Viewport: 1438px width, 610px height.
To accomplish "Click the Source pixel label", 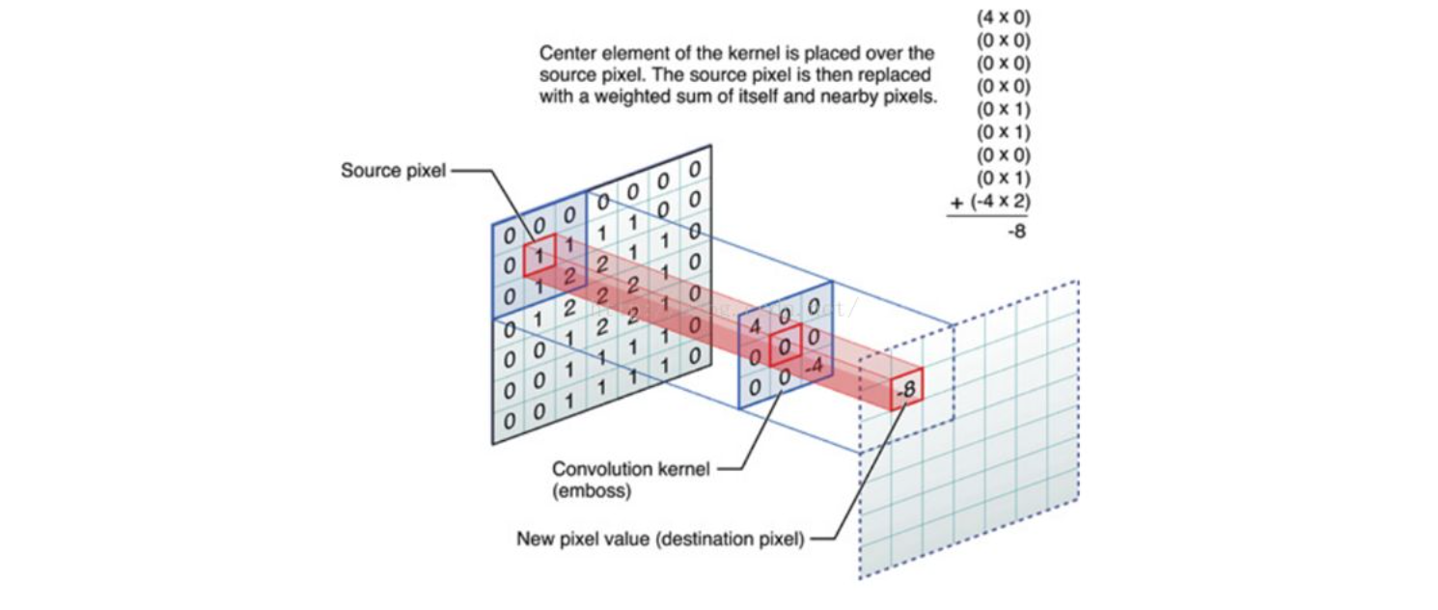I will pos(392,171).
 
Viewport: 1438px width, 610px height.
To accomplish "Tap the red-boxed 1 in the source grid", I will pos(539,256).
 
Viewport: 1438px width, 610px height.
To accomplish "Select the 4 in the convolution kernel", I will pos(756,325).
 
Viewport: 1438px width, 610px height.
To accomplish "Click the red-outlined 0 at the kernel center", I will pos(787,347).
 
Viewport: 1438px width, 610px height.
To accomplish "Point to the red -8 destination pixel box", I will pos(906,391).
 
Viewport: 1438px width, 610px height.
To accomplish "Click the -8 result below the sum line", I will pos(1015,232).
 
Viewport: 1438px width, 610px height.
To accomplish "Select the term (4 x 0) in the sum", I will pos(1003,17).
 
